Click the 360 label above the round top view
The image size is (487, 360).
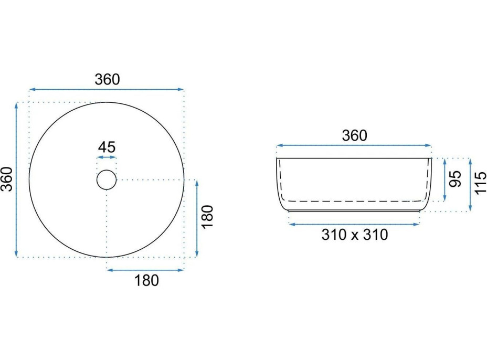tap(107, 80)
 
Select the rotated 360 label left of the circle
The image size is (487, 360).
tap(7, 179)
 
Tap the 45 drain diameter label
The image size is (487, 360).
tap(107, 147)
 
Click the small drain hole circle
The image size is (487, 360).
tap(107, 179)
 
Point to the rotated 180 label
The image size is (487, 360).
tap(207, 217)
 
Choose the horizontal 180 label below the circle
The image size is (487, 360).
tap(146, 280)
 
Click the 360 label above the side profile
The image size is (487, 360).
tap(354, 136)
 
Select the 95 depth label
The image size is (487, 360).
tap(456, 179)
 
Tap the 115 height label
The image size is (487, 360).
tap(481, 183)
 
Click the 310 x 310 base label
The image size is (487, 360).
tap(355, 235)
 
